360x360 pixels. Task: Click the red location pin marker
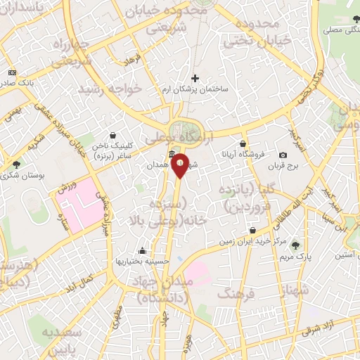pyautogui.click(x=180, y=165)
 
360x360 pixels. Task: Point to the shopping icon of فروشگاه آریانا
pyautogui.click(x=242, y=143)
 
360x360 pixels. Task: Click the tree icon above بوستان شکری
pyautogui.click(x=16, y=165)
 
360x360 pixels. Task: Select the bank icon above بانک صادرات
pyautogui.click(x=12, y=72)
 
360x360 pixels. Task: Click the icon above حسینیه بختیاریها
pyautogui.click(x=142, y=250)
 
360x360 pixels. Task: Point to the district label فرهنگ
pyautogui.click(x=233, y=293)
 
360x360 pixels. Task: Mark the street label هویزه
pyautogui.click(x=186, y=342)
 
